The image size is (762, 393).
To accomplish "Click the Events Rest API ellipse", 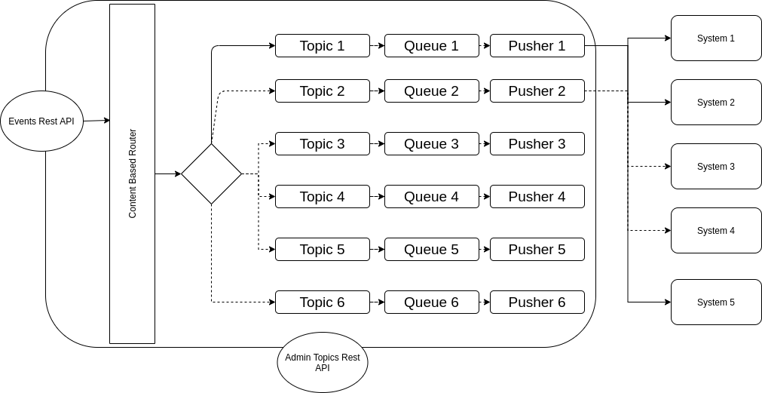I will point(41,121).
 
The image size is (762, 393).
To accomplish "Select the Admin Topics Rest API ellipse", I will point(322,362).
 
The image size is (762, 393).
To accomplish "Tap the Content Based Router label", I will point(133,173).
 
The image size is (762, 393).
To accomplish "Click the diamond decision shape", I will point(211,173).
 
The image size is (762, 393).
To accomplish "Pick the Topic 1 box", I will point(322,45).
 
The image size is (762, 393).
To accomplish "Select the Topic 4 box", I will point(322,196).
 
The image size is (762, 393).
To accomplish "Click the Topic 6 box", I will point(322,302).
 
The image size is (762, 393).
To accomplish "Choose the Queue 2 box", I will point(431,91).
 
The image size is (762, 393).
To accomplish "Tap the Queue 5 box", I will point(431,249).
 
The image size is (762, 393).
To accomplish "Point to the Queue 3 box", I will point(431,143).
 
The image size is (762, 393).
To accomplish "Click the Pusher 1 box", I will point(537,45).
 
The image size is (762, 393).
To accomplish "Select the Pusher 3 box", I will point(537,143).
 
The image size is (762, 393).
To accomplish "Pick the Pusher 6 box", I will point(537,302).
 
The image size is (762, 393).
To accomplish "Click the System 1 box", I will point(716,38).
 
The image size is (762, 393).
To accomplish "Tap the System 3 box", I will point(716,166).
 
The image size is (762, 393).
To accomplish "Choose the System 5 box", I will point(716,302).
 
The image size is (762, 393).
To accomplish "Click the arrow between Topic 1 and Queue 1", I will point(377,45).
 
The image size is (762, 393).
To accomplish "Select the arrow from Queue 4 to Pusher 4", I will point(484,196).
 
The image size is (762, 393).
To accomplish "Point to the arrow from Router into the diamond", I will point(168,173).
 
